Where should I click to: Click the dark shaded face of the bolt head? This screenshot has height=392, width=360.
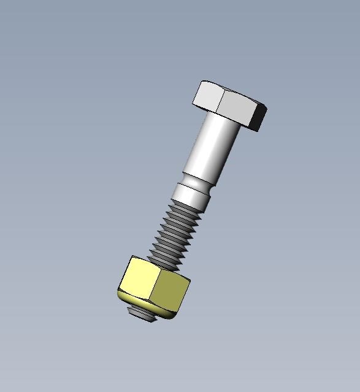[x=258, y=119]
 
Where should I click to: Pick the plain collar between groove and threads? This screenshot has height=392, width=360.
[x=190, y=196]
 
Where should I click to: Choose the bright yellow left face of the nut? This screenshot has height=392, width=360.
[x=139, y=279]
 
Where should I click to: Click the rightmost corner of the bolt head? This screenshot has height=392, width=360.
[x=267, y=109]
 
